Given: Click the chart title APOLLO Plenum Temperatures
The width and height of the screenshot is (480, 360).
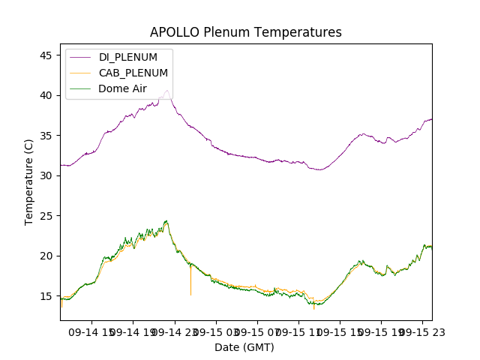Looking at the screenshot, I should [245, 32].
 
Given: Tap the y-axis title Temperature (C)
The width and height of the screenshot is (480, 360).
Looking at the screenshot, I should [29, 181].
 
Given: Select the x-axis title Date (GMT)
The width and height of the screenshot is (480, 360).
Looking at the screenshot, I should [244, 347].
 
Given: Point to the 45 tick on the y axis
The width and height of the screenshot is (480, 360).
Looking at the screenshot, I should [46, 55].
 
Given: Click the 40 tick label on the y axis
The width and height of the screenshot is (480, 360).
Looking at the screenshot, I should [46, 95].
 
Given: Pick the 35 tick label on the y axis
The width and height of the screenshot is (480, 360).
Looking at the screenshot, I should [46, 136].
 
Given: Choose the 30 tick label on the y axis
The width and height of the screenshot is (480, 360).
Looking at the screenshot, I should [46, 175].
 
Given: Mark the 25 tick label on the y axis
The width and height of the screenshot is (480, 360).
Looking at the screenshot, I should [46, 216].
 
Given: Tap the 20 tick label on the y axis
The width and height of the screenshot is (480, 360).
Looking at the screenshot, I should [46, 256].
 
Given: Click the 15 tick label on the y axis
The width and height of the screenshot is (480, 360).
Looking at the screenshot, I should [46, 296].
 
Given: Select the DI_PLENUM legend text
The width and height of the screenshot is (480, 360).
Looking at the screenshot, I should [128, 57].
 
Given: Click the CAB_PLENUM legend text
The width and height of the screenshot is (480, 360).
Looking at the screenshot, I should [133, 73].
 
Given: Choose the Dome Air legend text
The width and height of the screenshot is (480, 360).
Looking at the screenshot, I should [123, 88].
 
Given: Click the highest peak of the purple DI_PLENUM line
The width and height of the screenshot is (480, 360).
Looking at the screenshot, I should [167, 91].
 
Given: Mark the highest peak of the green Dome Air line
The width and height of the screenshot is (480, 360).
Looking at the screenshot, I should [166, 221].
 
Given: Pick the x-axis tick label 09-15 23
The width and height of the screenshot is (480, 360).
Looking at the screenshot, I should [419, 331].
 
